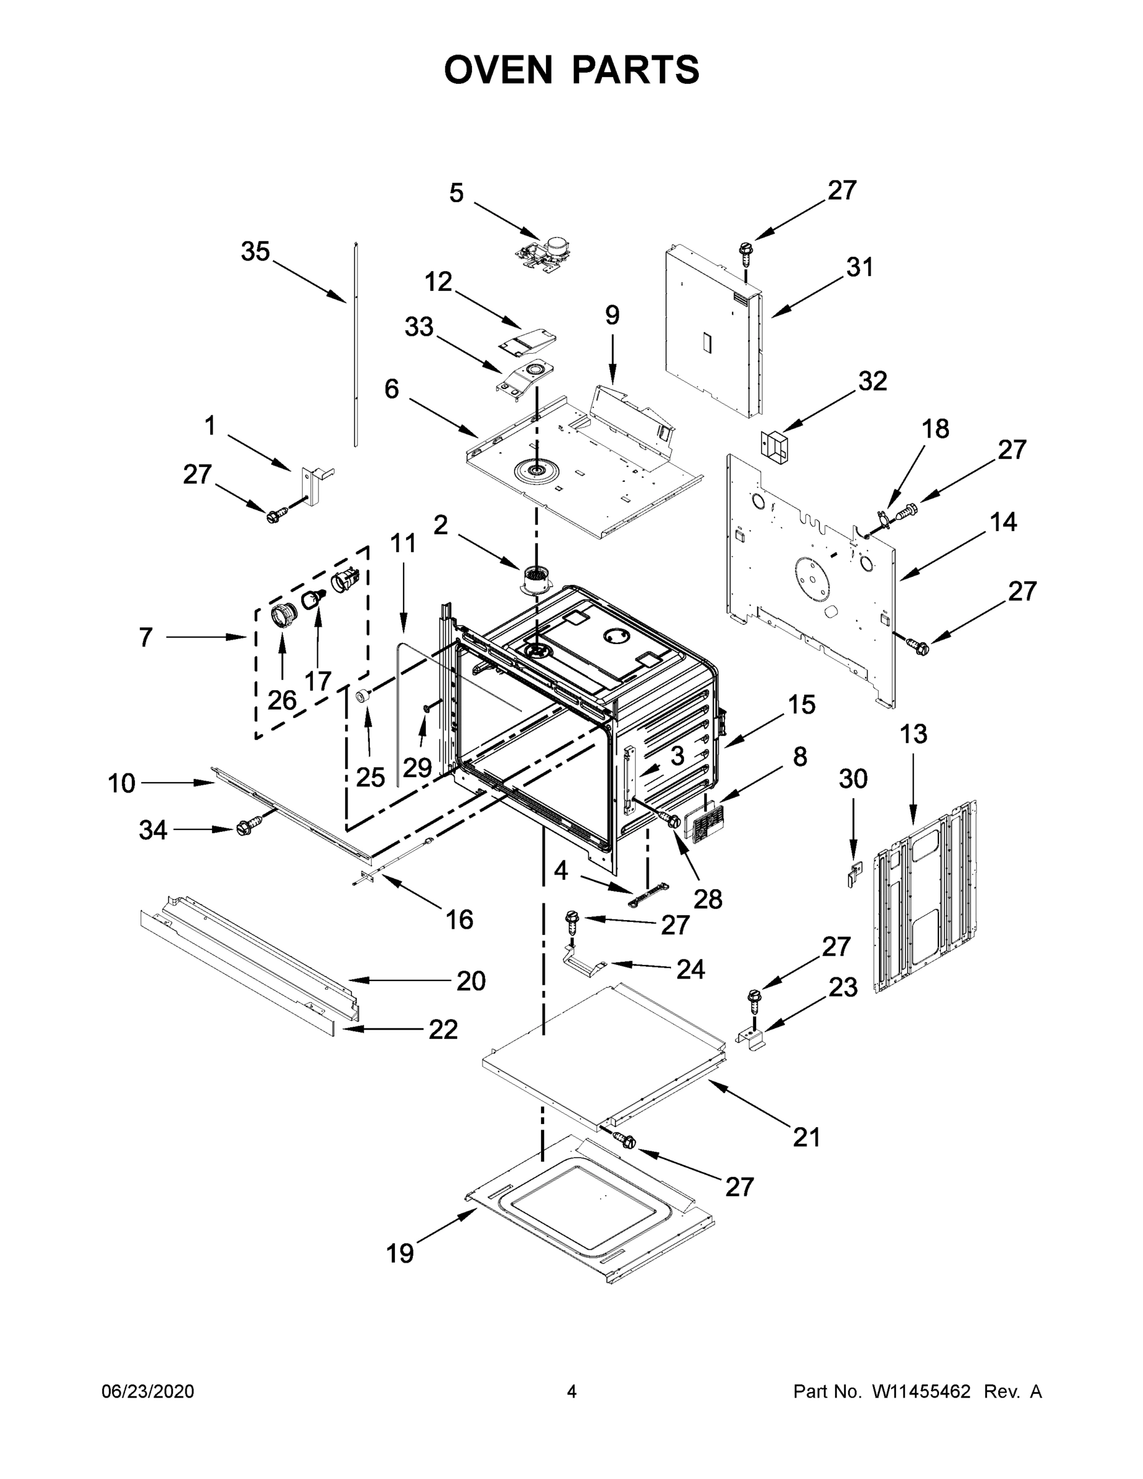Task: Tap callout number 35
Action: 255,252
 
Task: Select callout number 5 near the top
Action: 457,193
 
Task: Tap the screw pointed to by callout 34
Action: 244,828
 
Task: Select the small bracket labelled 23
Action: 752,1038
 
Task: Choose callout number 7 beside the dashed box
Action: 145,637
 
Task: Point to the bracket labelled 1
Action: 313,479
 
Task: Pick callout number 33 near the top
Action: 418,327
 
